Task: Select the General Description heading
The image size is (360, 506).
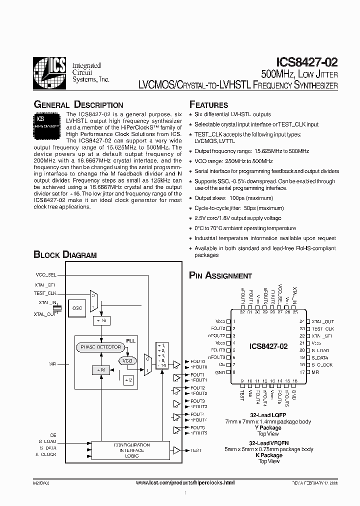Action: click(x=78, y=105)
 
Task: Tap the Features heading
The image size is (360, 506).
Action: click(x=208, y=105)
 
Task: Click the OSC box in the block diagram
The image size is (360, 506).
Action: click(x=77, y=308)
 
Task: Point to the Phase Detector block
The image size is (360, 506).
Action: click(x=100, y=347)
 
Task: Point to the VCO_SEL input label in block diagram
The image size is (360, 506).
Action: click(x=46, y=275)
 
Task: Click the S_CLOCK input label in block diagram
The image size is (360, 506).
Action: click(x=46, y=454)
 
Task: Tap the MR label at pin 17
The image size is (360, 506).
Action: click(x=315, y=372)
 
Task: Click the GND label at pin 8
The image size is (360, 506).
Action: click(x=220, y=372)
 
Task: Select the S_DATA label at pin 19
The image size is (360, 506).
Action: click(x=320, y=357)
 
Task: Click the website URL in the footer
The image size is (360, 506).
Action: click(x=185, y=482)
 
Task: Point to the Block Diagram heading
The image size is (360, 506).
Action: click(x=65, y=255)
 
